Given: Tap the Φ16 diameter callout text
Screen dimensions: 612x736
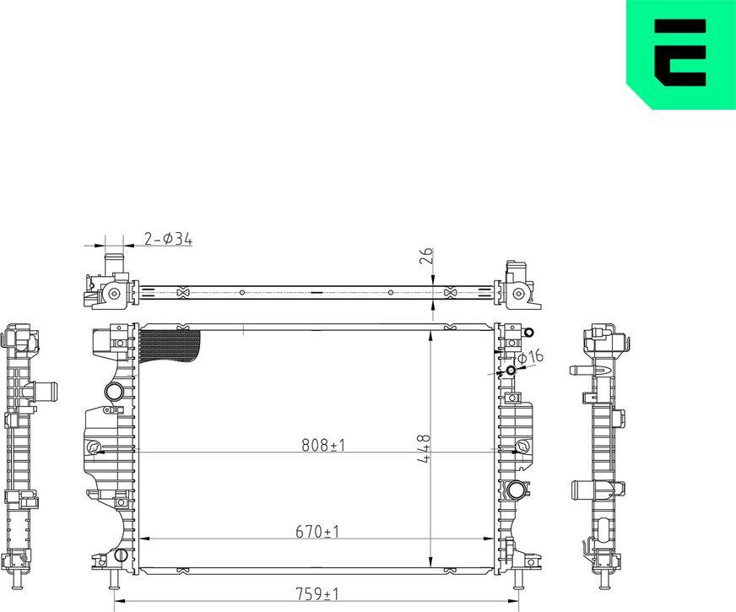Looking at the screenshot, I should click(530, 358).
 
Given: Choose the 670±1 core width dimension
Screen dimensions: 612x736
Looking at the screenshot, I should click(318, 532).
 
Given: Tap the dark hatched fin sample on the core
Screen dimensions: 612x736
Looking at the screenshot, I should click(169, 346).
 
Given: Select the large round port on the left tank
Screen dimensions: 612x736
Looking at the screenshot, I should click(114, 392).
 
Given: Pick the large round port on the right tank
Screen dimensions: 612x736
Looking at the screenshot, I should click(517, 489).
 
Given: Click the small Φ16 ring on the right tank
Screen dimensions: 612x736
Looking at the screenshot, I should click(511, 371).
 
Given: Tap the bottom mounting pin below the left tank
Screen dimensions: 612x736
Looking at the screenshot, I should click(113, 580).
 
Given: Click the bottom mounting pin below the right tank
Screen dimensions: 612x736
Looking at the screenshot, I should click(518, 580).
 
